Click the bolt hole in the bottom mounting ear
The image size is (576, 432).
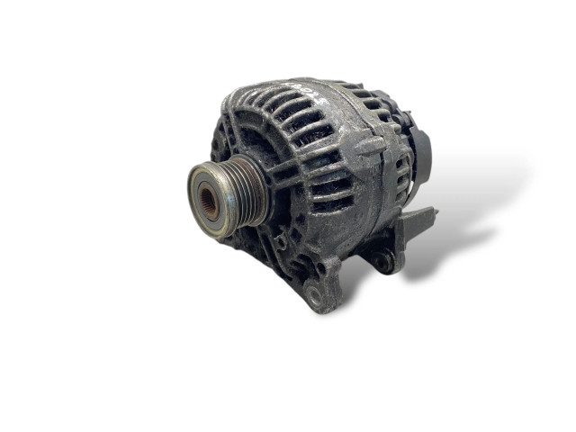[x=314, y=292]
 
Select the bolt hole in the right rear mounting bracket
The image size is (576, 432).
[x=385, y=262]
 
